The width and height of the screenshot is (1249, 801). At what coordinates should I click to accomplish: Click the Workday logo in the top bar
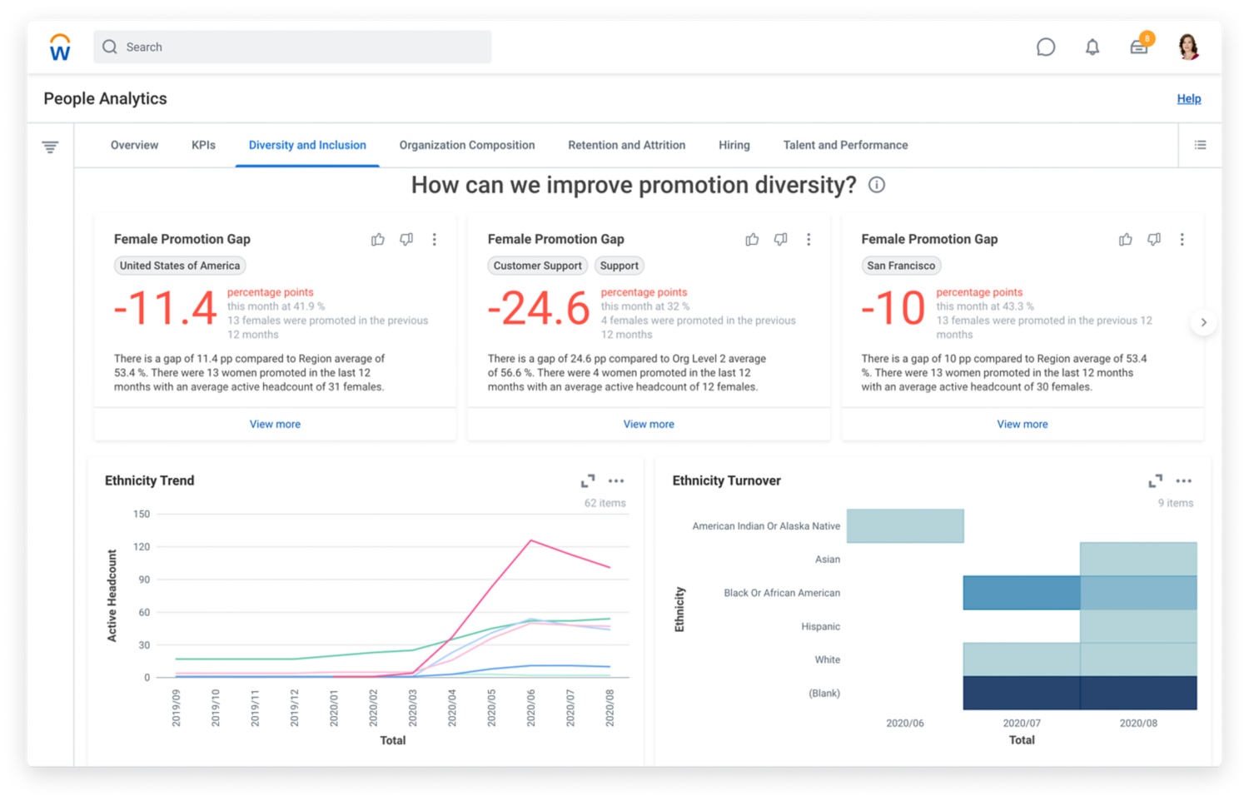point(60,47)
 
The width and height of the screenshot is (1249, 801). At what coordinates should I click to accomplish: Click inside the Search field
point(292,47)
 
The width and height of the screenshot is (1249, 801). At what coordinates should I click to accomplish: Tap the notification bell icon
point(1092,47)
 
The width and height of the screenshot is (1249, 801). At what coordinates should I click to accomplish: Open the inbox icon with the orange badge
point(1138,47)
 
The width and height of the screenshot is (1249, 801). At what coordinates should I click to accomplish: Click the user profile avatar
point(1188,47)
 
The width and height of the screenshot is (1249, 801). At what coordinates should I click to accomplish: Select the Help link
point(1188,98)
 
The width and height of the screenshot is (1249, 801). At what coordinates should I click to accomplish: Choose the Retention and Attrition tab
point(626,145)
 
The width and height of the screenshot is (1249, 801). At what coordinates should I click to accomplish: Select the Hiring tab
point(734,145)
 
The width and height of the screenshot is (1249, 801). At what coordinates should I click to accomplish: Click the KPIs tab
point(203,145)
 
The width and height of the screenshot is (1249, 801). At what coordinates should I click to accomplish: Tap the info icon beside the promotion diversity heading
point(876,185)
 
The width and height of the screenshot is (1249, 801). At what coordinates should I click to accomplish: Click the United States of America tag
point(180,266)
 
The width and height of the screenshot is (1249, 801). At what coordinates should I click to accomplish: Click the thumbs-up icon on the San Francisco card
point(1125,240)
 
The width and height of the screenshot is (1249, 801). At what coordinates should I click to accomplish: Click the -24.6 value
point(539,309)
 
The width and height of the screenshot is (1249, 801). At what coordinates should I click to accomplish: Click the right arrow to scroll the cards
point(1203,322)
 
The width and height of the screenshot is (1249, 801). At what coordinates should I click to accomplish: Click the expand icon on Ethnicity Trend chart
point(588,481)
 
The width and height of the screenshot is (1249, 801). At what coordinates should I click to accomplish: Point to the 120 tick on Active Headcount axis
point(142,547)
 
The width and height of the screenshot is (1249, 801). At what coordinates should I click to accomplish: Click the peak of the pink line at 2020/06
point(531,541)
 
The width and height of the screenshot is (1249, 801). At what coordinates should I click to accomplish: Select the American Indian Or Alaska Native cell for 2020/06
point(905,526)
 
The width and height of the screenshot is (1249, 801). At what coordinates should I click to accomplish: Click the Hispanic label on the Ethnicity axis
point(820,626)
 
